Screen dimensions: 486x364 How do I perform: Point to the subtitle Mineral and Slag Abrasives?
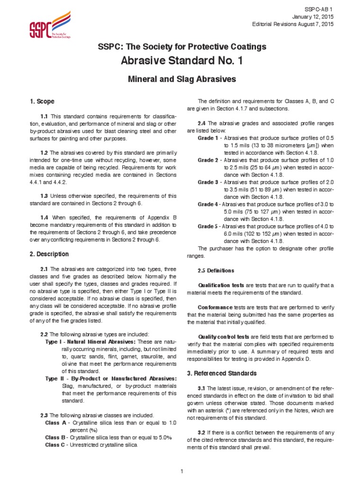point(182,80)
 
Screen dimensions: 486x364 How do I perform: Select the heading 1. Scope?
point(42,102)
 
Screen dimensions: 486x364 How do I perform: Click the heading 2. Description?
point(49,254)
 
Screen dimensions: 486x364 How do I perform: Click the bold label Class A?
point(56,422)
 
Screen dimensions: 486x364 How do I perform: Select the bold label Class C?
point(56,445)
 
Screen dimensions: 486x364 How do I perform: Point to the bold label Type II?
point(54,378)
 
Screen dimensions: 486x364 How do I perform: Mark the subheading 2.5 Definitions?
point(216,271)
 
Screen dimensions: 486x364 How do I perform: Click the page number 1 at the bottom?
point(182,471)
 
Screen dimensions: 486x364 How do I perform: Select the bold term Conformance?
point(215,307)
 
